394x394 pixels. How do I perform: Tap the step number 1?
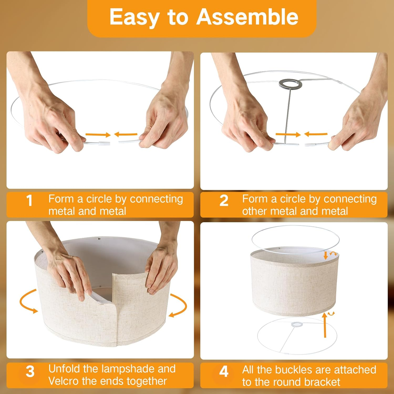click(x=29, y=201)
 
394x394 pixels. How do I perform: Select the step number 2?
click(x=224, y=201)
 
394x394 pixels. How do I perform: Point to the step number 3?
click(x=30, y=372)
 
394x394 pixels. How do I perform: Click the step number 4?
click(x=224, y=372)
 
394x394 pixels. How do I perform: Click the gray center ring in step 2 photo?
click(x=290, y=84)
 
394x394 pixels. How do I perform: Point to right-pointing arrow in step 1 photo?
click(x=98, y=135)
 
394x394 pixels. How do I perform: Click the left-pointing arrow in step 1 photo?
click(x=126, y=134)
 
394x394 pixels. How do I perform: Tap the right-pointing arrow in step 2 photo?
click(x=288, y=134)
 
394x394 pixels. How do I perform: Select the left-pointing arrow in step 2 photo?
click(x=316, y=134)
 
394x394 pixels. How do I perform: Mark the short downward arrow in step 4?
click(x=326, y=255)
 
